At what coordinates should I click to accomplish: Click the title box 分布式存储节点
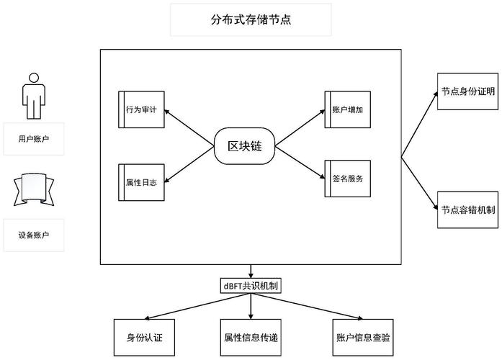(x=251, y=20)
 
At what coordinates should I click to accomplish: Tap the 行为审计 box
(x=142, y=109)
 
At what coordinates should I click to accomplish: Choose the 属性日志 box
(x=142, y=182)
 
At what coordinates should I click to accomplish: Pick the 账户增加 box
(x=347, y=109)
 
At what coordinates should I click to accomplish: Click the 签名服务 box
(x=347, y=179)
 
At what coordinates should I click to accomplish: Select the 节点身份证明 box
(x=468, y=92)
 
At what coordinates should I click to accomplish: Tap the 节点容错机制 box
(x=468, y=210)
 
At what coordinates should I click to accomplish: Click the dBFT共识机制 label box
(x=251, y=286)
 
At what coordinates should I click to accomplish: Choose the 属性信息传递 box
(x=251, y=337)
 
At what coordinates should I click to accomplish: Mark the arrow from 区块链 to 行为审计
(x=191, y=127)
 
